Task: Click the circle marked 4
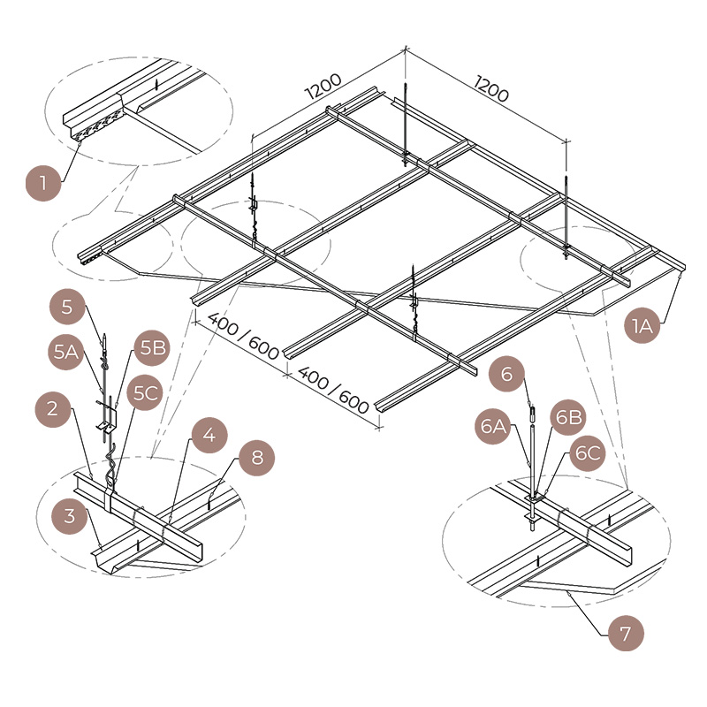pyautogui.click(x=209, y=437)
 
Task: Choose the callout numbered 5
pyautogui.click(x=68, y=308)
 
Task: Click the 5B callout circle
pyautogui.click(x=152, y=348)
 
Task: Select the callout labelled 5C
pyautogui.click(x=146, y=392)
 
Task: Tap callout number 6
pyautogui.click(x=506, y=374)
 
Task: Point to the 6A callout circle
pyautogui.click(x=494, y=428)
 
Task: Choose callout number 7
pyautogui.click(x=626, y=634)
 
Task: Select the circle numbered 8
pyautogui.click(x=255, y=457)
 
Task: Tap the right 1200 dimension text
pyautogui.click(x=492, y=89)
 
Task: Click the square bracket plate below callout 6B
pyautogui.click(x=535, y=498)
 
